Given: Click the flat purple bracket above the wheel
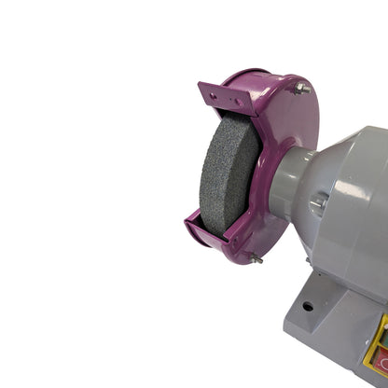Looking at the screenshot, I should point(222,96).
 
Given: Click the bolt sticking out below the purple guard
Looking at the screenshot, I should point(258,260).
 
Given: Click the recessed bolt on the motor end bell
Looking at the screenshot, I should point(318,202).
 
